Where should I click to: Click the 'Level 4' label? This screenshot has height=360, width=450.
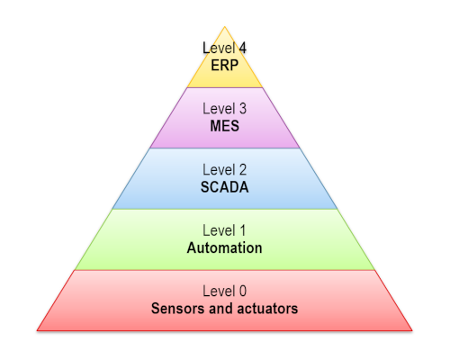224,48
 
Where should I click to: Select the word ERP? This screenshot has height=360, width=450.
224,65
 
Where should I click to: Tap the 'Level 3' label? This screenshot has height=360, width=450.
224,109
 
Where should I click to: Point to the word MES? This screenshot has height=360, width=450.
224,126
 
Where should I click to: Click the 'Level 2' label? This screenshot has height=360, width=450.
224,170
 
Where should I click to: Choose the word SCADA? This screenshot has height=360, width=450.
224,187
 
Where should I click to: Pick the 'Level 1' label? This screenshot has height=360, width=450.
224,230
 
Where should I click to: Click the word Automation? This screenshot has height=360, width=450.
224,248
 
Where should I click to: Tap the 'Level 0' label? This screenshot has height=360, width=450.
224,292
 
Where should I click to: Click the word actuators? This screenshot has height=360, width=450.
267,309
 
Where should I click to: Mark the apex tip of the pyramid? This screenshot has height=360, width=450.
224,27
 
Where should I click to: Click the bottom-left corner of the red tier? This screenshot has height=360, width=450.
37,330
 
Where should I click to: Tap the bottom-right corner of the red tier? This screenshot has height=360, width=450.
412,330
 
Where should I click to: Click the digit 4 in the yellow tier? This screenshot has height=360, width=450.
242,48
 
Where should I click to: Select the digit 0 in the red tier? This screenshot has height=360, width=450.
243,292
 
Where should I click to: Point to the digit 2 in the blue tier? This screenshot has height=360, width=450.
243,170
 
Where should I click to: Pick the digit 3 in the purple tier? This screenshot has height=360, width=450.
243,109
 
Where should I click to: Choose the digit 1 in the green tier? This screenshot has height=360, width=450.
242,230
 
